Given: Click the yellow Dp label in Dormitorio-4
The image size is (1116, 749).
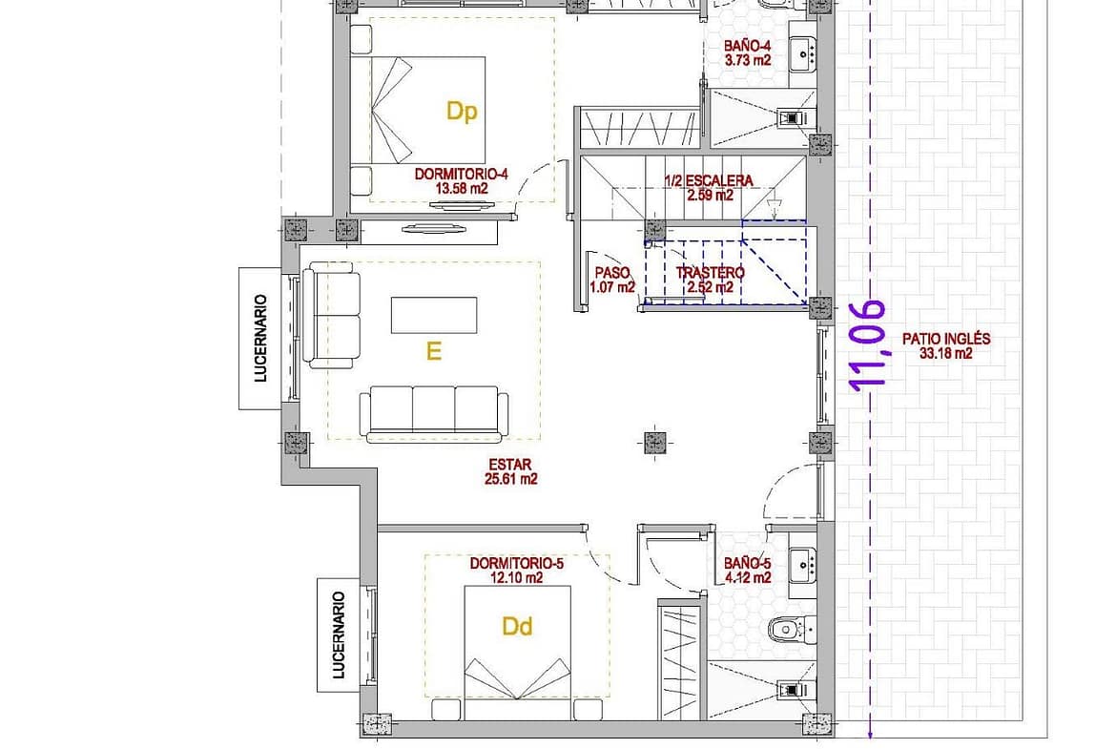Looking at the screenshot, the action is (x=462, y=112).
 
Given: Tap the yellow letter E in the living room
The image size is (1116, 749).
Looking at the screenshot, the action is (x=433, y=351).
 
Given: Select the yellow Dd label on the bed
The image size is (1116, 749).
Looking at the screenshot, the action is (x=517, y=627).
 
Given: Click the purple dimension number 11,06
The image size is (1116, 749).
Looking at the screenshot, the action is (x=868, y=345).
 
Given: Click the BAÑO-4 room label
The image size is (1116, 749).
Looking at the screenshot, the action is (x=747, y=47).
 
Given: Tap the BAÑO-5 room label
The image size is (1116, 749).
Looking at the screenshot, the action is (x=747, y=563).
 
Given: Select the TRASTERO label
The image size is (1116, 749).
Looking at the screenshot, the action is (x=710, y=273).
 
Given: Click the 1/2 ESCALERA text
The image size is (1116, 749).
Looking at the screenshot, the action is (x=708, y=181).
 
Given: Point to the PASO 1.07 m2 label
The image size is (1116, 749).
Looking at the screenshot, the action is (x=612, y=280).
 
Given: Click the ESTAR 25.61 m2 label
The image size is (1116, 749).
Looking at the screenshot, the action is (x=510, y=472).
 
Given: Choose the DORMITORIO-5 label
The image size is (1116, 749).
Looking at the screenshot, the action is (x=517, y=564).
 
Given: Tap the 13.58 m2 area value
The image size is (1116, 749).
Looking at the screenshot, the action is (x=462, y=189).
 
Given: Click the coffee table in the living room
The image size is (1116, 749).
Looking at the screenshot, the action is (x=434, y=316).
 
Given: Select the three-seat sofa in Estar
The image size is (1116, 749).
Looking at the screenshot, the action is (x=434, y=414).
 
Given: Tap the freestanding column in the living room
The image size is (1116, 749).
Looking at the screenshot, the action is (x=654, y=443).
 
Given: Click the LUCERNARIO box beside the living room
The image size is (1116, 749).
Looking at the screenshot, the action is (x=259, y=339).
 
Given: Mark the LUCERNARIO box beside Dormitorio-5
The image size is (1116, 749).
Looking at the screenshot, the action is (x=339, y=635).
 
